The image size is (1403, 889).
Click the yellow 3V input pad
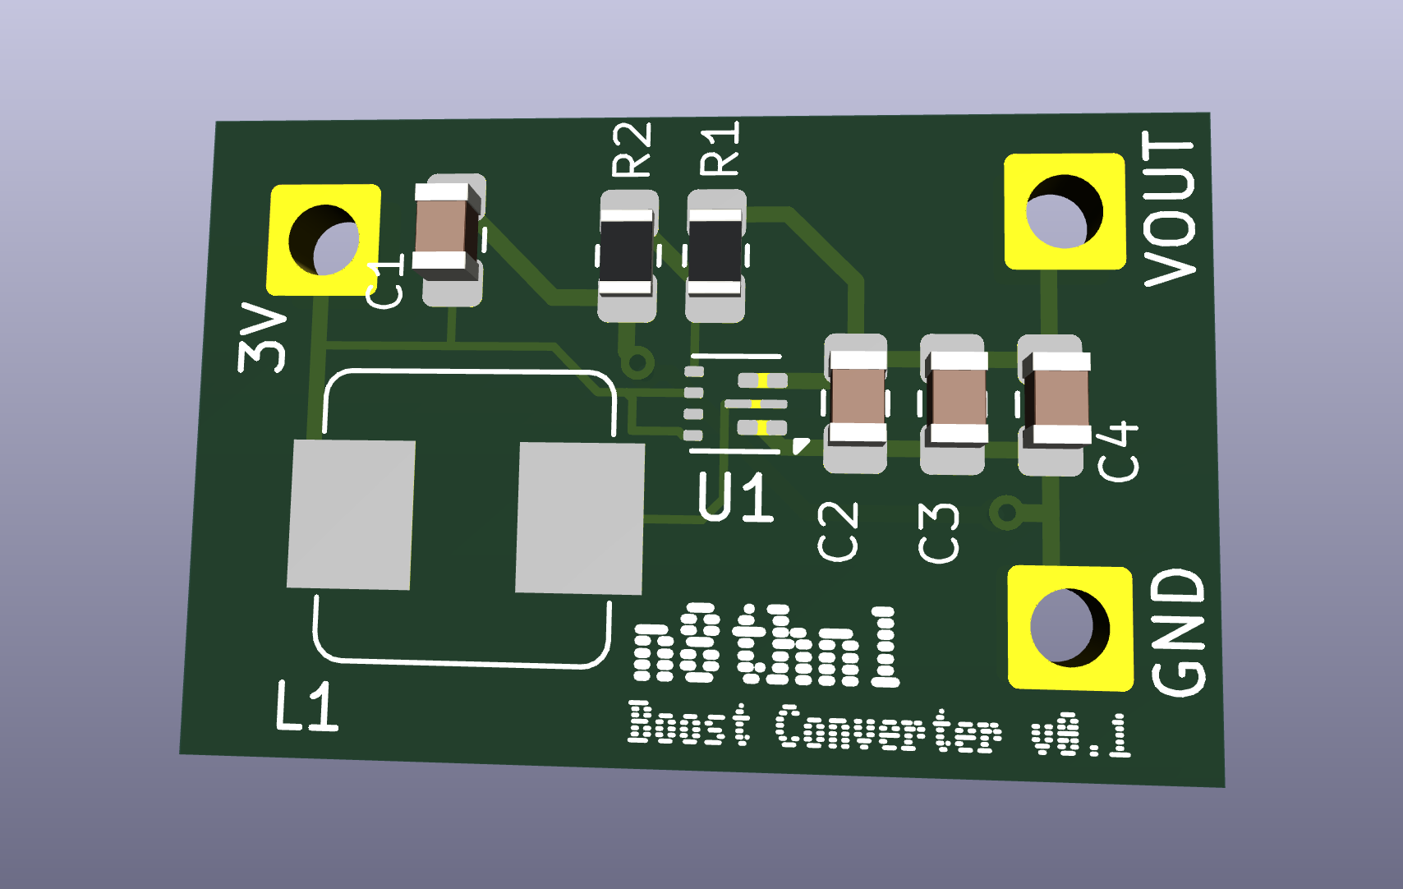[x=324, y=240]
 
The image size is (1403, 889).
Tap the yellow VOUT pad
[x=1065, y=212]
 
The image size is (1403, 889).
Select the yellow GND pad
[x=1069, y=628]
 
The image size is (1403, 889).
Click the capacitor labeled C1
[x=446, y=232]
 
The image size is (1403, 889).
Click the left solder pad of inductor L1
[x=351, y=514]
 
